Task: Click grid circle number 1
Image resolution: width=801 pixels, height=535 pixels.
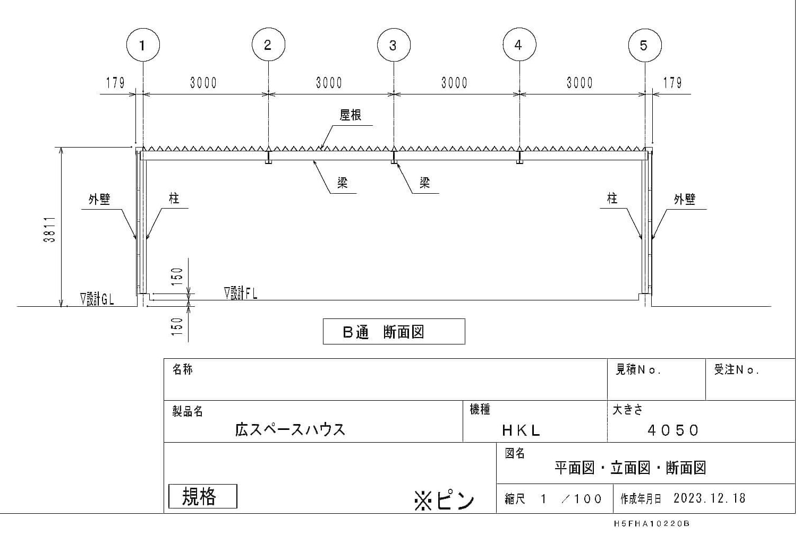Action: point(143,45)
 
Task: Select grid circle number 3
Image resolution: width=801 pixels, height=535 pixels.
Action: point(394,45)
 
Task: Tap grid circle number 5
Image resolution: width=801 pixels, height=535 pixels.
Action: point(644,45)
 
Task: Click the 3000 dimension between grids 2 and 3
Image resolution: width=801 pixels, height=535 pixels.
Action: point(329,83)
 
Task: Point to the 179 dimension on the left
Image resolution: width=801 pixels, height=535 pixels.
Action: point(115,83)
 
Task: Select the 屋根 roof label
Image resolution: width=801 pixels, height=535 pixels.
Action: point(351,115)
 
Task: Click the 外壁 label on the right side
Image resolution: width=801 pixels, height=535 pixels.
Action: point(684,200)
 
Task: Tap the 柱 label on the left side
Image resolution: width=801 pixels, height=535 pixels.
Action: point(174,199)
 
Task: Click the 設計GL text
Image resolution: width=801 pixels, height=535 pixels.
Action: point(97,299)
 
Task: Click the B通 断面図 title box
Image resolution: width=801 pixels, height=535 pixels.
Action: point(394,332)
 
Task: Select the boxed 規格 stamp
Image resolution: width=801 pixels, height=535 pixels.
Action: point(202,496)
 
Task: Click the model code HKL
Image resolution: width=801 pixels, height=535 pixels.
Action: point(521,430)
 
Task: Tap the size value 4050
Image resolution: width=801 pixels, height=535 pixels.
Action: point(673,430)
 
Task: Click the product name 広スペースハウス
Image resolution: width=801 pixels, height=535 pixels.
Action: point(290,429)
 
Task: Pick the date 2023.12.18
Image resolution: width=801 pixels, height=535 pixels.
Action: point(709,498)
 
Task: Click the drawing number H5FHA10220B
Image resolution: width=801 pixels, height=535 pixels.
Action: point(651,524)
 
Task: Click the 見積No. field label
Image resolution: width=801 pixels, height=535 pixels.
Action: point(637,370)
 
